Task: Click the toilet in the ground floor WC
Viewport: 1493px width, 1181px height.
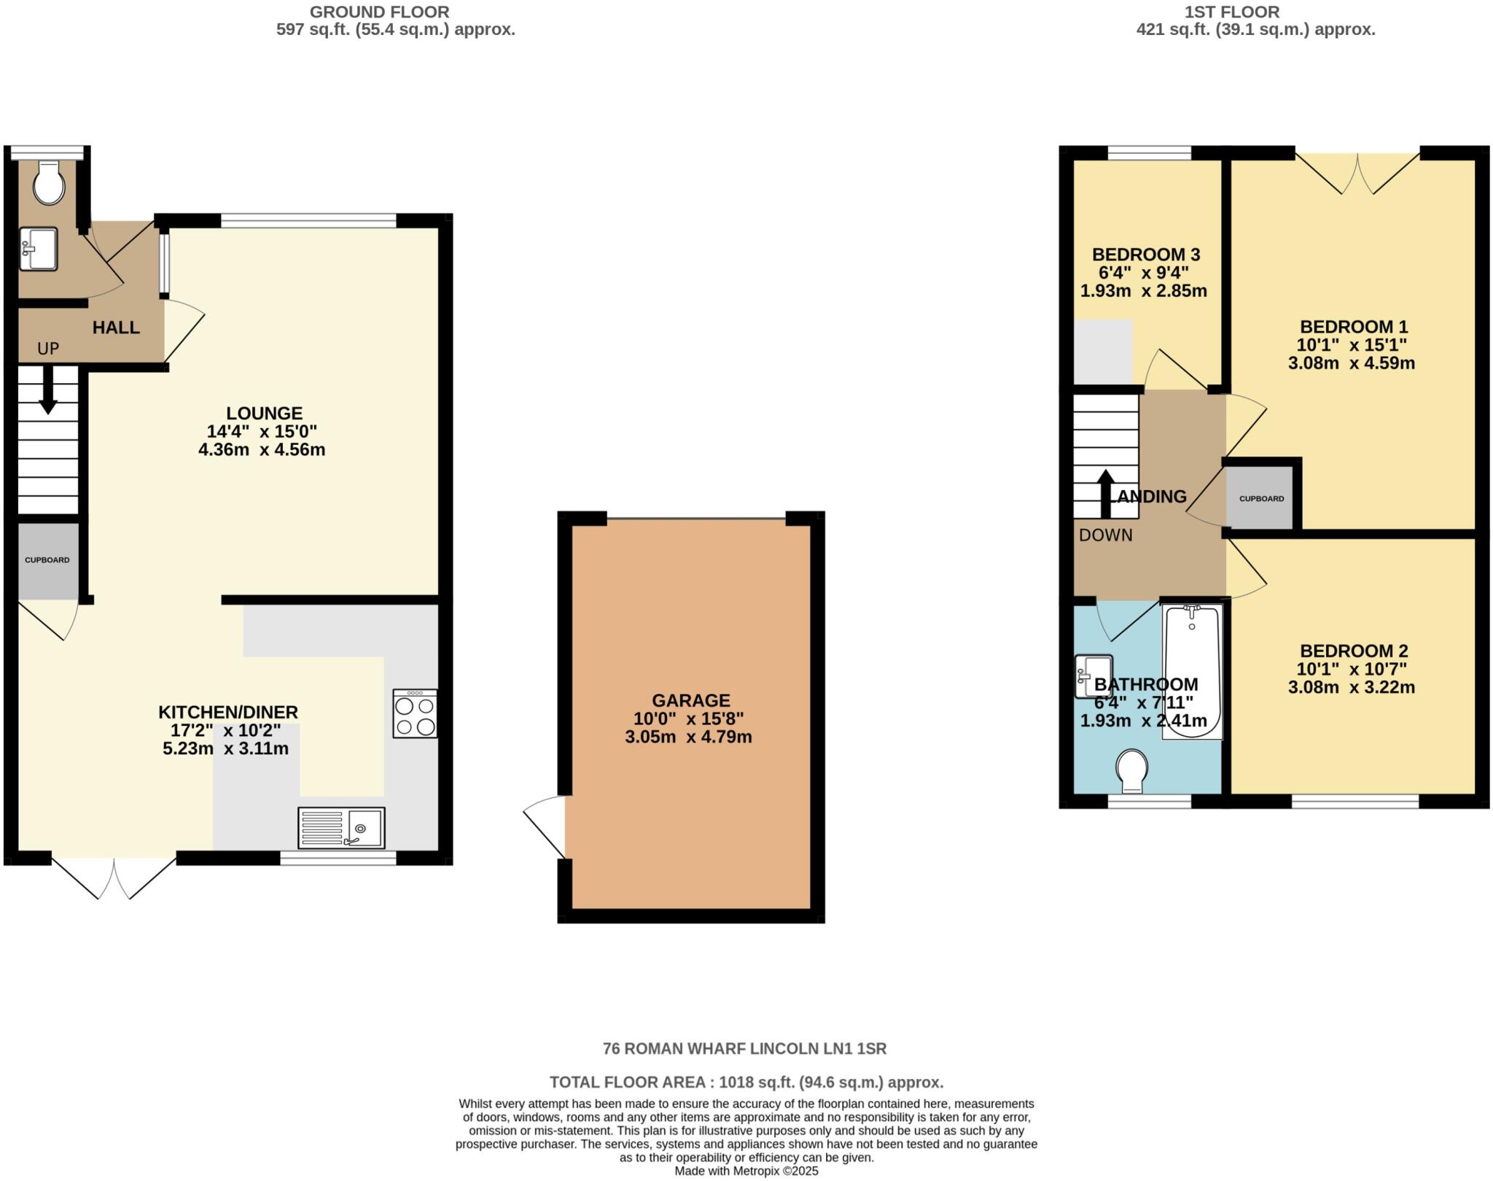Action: (x=49, y=184)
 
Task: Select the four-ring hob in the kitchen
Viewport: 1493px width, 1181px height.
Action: (x=416, y=713)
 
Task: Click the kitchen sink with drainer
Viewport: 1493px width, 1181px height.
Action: (x=341, y=828)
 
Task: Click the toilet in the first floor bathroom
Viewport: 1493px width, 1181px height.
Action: (x=1132, y=771)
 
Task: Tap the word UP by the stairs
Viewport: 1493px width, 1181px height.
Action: (x=48, y=349)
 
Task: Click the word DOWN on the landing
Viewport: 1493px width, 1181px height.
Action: (x=1105, y=535)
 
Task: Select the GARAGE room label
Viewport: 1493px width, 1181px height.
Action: (x=690, y=700)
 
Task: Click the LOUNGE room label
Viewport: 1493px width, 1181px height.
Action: (x=264, y=413)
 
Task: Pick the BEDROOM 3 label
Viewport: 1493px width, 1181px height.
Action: (x=1145, y=255)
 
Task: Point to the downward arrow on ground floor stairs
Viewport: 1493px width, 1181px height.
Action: (x=48, y=390)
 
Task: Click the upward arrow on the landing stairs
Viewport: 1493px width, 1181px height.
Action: (x=1105, y=492)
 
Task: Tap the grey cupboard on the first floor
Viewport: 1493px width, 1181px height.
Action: (x=1260, y=499)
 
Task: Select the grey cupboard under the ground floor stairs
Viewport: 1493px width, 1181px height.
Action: (x=47, y=560)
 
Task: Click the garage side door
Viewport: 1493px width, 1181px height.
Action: (x=547, y=826)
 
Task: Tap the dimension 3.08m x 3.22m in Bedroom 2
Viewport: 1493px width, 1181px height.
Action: (x=1351, y=687)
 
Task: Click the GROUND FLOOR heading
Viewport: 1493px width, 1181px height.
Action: (x=379, y=12)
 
